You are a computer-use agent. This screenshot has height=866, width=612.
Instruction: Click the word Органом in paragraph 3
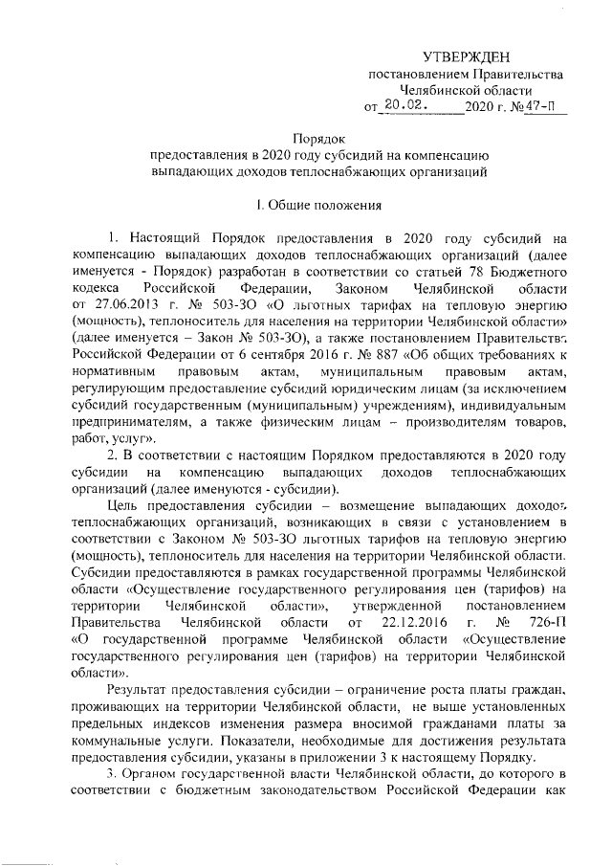pyautogui.click(x=156, y=774)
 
